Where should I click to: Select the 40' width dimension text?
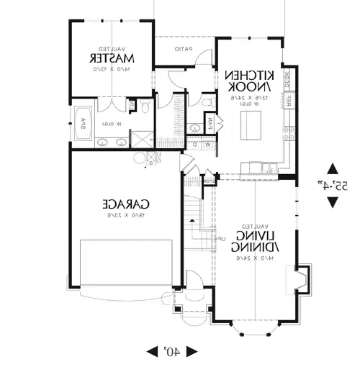point(173,350)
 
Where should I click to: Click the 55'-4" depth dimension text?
point(333,185)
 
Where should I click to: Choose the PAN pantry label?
point(210,124)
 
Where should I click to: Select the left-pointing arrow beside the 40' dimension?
point(153,350)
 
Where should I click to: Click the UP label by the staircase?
point(222,238)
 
